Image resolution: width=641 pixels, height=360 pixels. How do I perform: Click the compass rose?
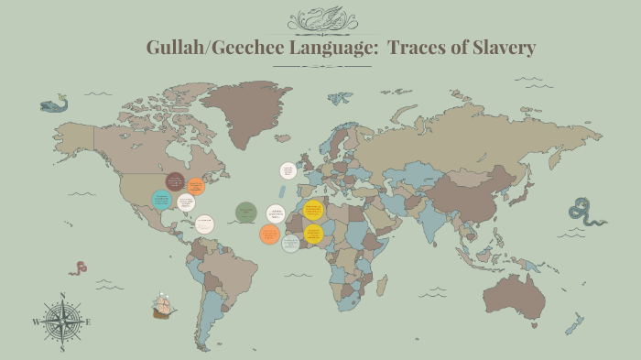pyautogui.click(x=61, y=322)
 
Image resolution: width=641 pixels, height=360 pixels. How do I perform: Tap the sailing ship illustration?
pyautogui.click(x=164, y=306)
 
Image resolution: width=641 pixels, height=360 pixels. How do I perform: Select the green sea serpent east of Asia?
pyautogui.click(x=585, y=213)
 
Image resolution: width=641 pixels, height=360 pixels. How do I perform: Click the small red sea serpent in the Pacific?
pyautogui.click(x=79, y=268)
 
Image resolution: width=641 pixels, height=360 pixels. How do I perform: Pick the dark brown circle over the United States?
pyautogui.click(x=175, y=180)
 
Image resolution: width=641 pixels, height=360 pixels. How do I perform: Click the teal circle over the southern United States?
pyautogui.click(x=161, y=200)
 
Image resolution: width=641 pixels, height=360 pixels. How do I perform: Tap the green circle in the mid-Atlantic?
pyautogui.click(x=244, y=213)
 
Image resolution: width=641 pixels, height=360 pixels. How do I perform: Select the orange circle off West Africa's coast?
pyautogui.click(x=269, y=234)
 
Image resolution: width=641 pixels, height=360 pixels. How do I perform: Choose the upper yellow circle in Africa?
pyautogui.click(x=313, y=210)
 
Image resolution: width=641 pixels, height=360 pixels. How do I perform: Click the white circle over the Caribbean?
pyautogui.click(x=204, y=223)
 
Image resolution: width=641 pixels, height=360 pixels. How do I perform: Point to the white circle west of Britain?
pyautogui.click(x=288, y=170)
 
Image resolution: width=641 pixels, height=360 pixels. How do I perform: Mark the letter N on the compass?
pyautogui.click(x=61, y=295)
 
